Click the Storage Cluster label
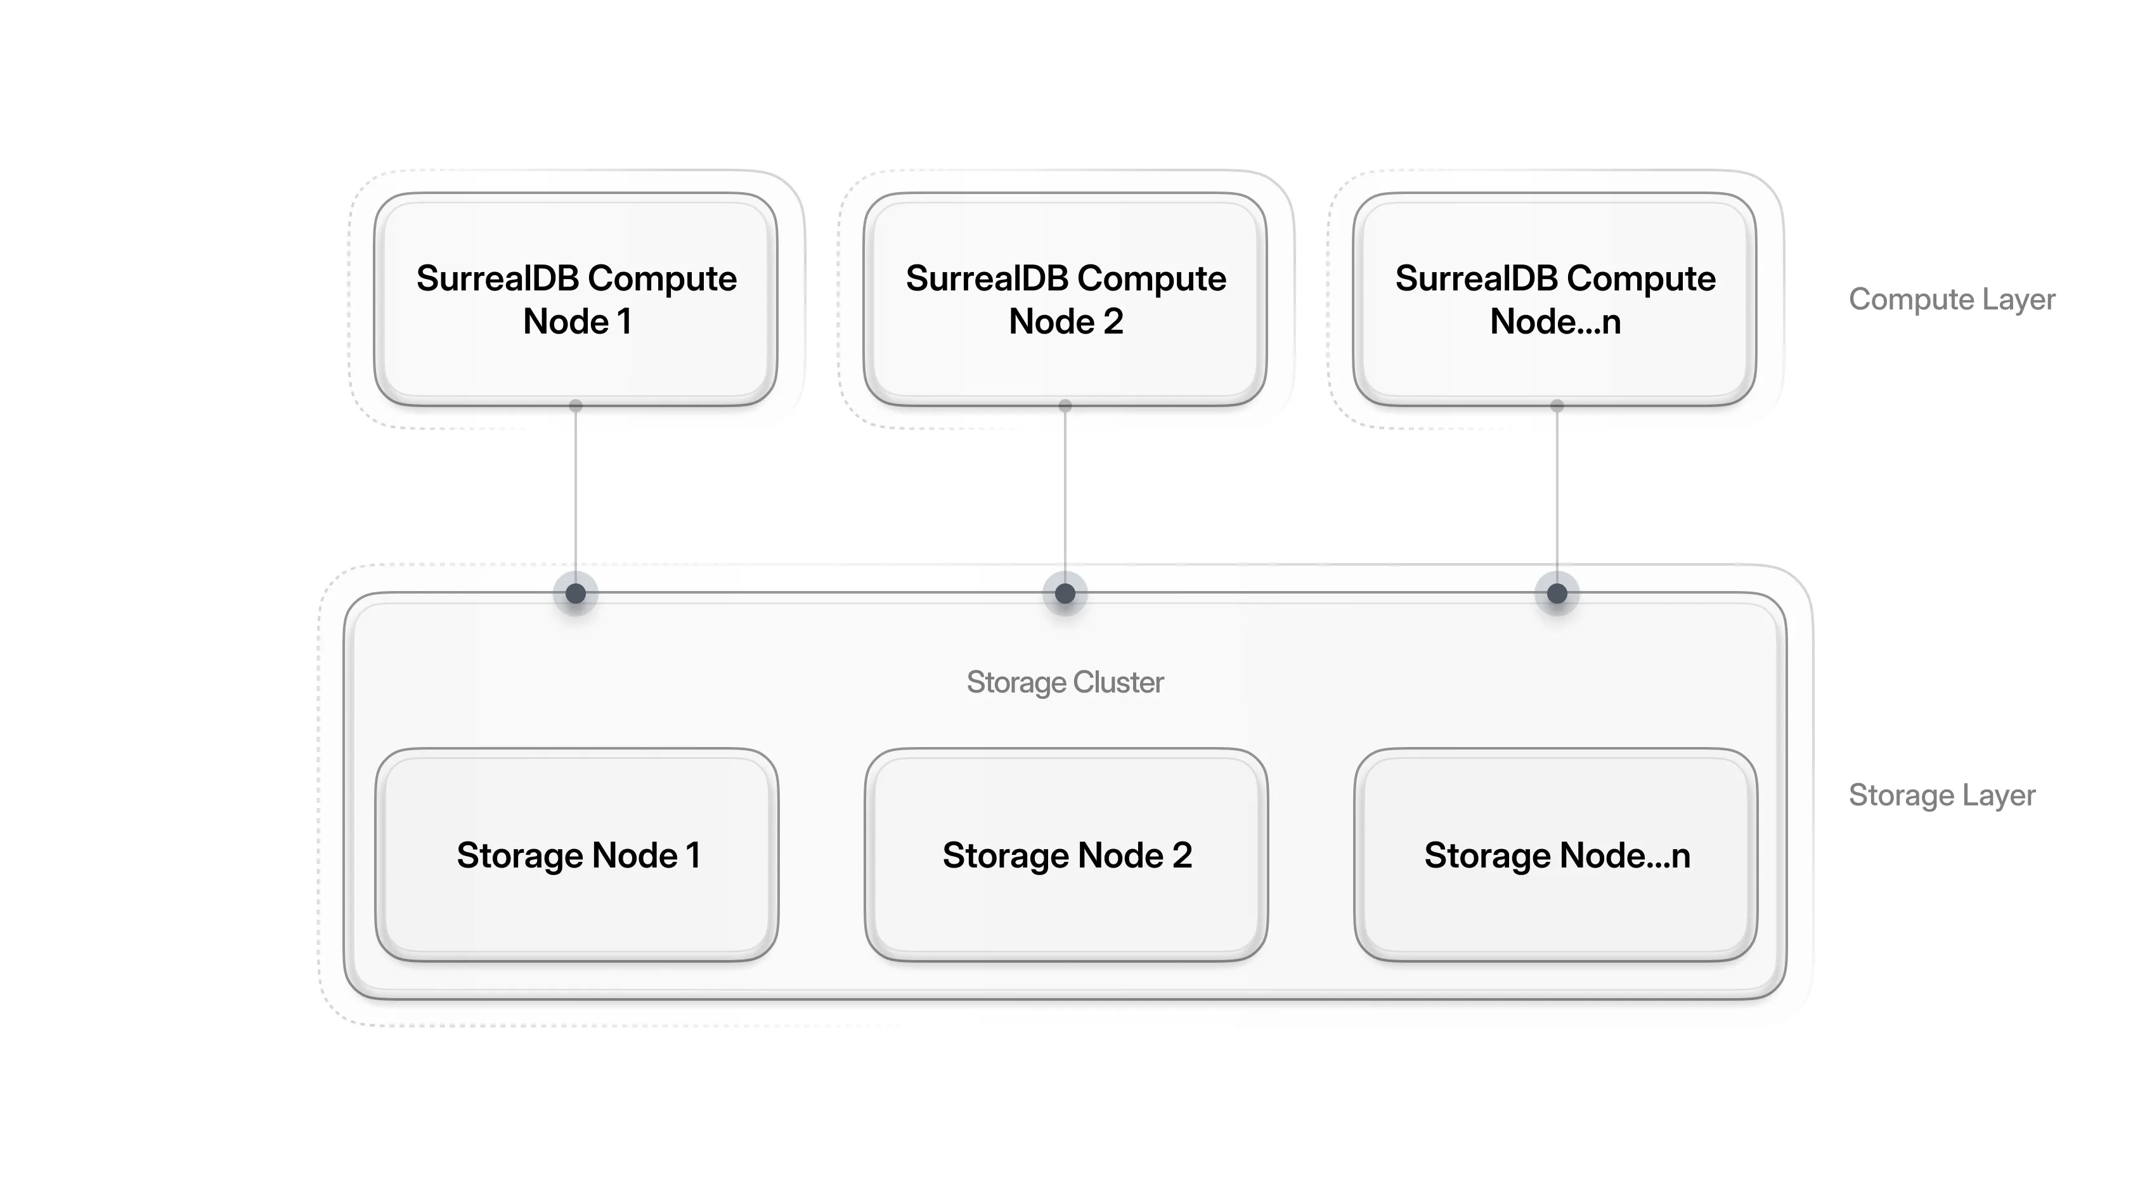pyautogui.click(x=1065, y=682)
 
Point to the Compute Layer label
pyautogui.click(x=1952, y=299)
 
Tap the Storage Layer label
pyautogui.click(x=1942, y=795)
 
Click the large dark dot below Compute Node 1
pyautogui.click(x=576, y=593)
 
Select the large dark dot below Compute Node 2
pyautogui.click(x=1065, y=593)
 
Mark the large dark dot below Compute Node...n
pyautogui.click(x=1557, y=593)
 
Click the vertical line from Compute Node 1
pyautogui.click(x=576, y=497)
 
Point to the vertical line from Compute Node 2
pyautogui.click(x=1065, y=497)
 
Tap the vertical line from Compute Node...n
pyautogui.click(x=1557, y=497)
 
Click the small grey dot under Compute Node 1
pyautogui.click(x=576, y=406)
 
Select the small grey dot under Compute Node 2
pyautogui.click(x=1065, y=406)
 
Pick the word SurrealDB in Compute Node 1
pyautogui.click(x=497, y=278)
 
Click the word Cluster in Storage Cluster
pyautogui.click(x=1118, y=682)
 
